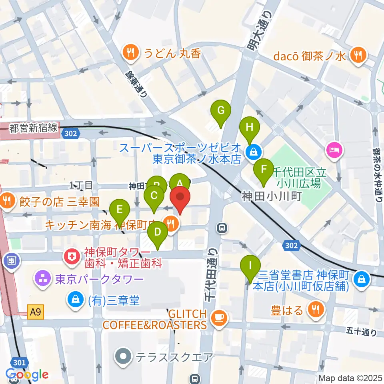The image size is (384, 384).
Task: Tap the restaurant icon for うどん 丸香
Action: coord(130,51)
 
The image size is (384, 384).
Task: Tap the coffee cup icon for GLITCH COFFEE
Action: coord(219,318)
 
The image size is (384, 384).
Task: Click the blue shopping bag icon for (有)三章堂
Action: coord(74,298)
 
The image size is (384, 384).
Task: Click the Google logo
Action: coord(27,375)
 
